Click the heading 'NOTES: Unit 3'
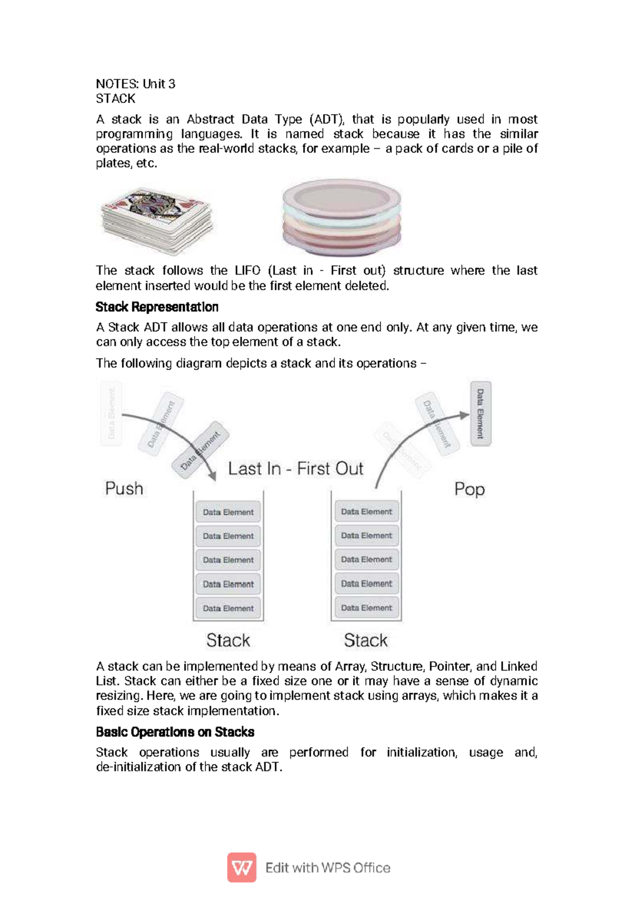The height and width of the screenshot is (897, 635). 135,84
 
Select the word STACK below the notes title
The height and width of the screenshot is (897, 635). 115,98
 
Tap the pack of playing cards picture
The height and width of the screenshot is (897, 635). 157,219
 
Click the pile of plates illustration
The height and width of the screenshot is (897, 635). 341,217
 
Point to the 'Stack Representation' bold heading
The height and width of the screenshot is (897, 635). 157,307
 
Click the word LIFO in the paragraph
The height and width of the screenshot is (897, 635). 247,270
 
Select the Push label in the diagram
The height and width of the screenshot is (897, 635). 124,488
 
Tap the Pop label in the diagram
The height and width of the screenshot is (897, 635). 469,489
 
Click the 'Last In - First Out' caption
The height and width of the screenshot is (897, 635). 295,469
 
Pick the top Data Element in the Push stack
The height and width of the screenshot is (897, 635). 228,512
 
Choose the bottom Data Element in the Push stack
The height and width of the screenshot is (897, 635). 228,608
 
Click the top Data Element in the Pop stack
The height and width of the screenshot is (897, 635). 366,511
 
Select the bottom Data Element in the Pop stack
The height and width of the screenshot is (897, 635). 366,608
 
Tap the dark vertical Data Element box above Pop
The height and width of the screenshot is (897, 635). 480,414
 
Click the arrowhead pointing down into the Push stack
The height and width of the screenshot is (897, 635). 213,475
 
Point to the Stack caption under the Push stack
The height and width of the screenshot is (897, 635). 228,640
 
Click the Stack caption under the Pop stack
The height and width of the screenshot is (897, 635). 366,640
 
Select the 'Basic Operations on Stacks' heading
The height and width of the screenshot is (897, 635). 175,732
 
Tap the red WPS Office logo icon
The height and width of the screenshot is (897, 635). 242,867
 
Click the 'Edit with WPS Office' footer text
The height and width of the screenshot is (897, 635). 328,868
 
